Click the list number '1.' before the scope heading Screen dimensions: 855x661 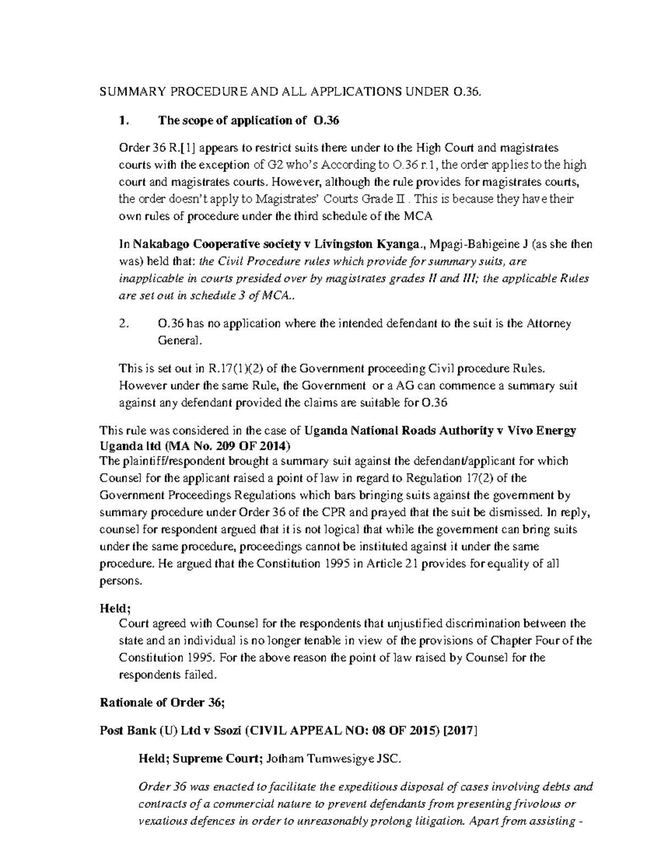tap(124, 121)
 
